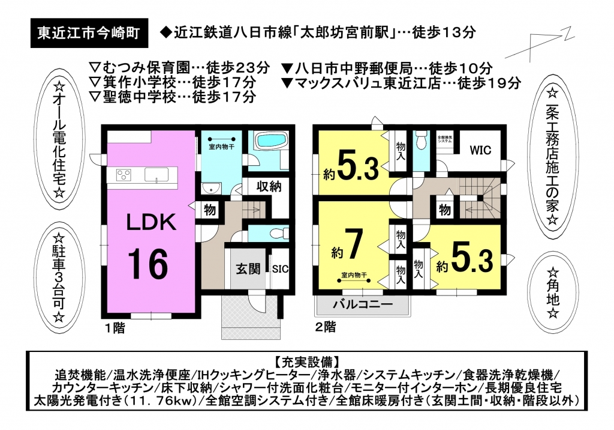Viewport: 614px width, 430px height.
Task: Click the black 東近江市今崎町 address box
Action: pyautogui.click(x=89, y=34)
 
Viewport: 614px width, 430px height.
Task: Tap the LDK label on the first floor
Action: pyautogui.click(x=151, y=222)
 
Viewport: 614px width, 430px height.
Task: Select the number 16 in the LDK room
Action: pyautogui.click(x=149, y=265)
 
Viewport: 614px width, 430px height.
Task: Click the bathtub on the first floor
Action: pyautogui.click(x=270, y=141)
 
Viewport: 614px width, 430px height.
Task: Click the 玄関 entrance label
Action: pyautogui.click(x=248, y=269)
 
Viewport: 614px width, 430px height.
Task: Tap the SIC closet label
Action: pyautogui.click(x=281, y=269)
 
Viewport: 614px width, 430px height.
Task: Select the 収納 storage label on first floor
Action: pyautogui.click(x=269, y=186)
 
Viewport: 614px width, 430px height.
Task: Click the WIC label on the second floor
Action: pyautogui.click(x=480, y=150)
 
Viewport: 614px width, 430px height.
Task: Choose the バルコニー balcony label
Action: pyautogui.click(x=363, y=305)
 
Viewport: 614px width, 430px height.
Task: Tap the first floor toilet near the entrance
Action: pyautogui.click(x=279, y=233)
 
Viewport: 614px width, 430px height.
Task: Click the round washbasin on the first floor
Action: pyautogui.click(x=210, y=189)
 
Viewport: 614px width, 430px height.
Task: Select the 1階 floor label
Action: pyautogui.click(x=115, y=327)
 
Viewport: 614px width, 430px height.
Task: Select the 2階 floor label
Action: pyautogui.click(x=326, y=327)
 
